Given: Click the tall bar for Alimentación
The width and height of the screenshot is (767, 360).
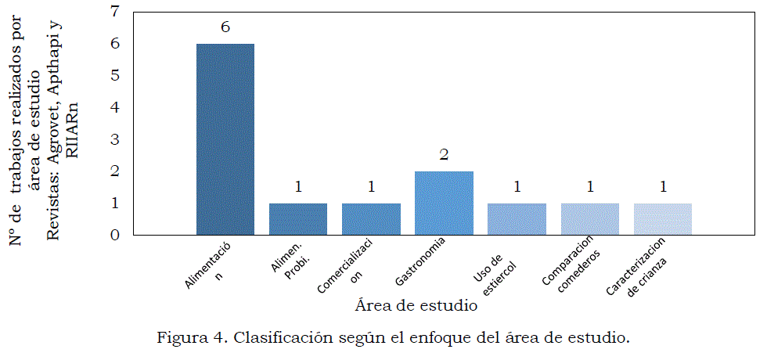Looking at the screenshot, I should [x=225, y=139].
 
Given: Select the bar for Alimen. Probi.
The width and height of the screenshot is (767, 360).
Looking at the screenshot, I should [x=298, y=219].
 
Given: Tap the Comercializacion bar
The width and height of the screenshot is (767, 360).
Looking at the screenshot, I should [x=371, y=219].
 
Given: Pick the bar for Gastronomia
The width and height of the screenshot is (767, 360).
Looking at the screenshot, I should [x=444, y=203].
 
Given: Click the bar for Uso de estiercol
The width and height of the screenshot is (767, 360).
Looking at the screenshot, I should [x=517, y=219].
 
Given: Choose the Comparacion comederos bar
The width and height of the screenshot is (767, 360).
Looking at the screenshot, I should [x=590, y=219].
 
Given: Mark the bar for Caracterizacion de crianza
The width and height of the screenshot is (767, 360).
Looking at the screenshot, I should [x=663, y=219].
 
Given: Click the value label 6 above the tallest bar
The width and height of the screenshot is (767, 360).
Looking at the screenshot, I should [x=225, y=27].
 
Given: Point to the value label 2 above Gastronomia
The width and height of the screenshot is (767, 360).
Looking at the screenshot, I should [x=444, y=155].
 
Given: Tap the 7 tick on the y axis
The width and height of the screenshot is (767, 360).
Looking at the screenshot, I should [x=116, y=12].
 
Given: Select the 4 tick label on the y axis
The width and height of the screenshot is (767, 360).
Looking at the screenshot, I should [x=116, y=107].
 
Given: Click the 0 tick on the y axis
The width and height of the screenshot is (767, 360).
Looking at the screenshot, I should [x=116, y=235].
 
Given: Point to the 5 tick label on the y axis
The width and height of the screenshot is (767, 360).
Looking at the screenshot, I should [x=116, y=75].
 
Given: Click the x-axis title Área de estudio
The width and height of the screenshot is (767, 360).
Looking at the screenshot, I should [x=416, y=305].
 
